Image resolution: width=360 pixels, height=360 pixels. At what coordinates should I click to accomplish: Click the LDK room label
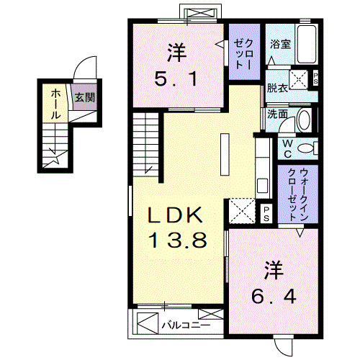click(177, 216)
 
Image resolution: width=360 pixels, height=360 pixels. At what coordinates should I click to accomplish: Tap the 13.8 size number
click(179, 240)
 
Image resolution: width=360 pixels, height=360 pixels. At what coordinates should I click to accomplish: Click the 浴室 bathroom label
click(280, 45)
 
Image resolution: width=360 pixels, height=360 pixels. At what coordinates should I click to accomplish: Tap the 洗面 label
click(278, 113)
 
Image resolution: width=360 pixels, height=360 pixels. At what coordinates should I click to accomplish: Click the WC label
click(287, 148)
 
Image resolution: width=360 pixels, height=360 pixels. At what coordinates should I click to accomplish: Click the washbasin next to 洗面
click(305, 120)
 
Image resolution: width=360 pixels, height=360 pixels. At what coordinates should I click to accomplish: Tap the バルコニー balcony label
click(184, 325)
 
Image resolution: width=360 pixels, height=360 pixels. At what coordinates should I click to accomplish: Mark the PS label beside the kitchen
click(266, 211)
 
